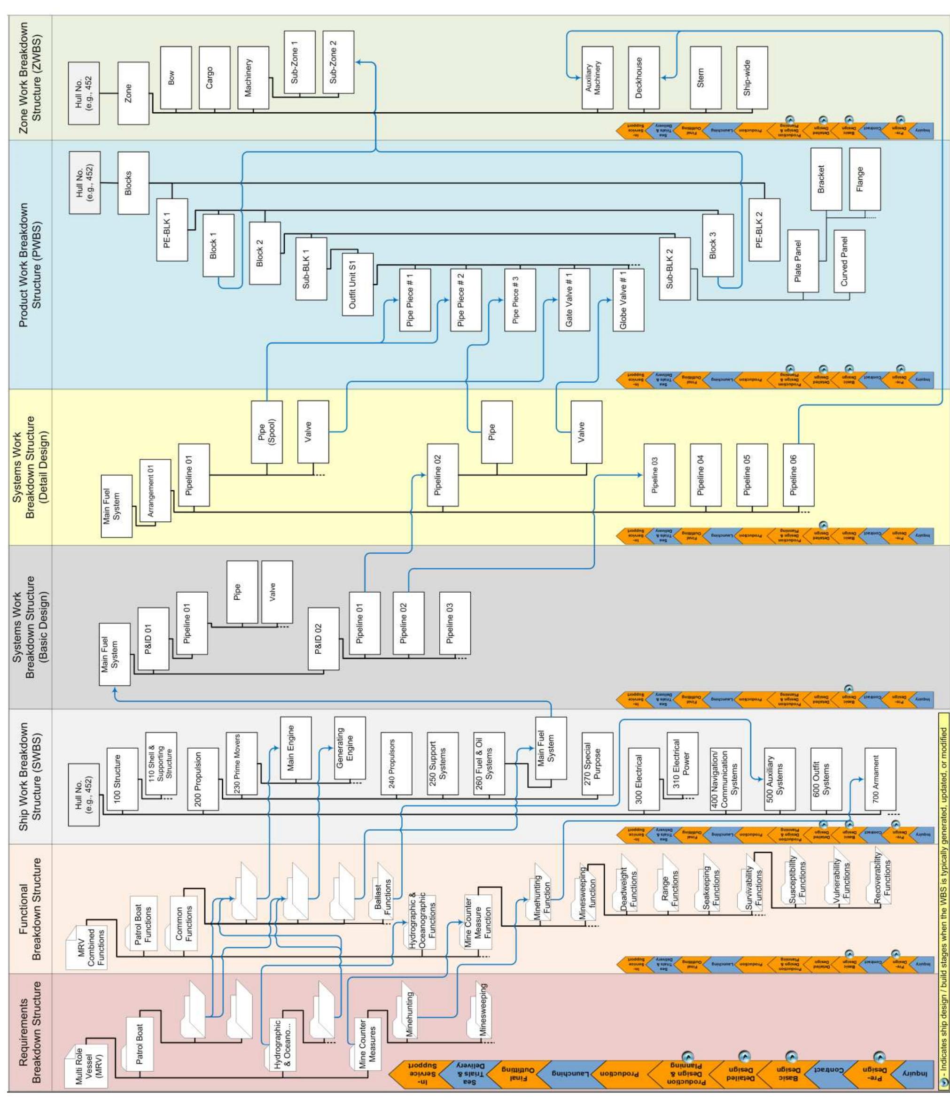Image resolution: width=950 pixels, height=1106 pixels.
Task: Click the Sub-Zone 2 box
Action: tap(338, 62)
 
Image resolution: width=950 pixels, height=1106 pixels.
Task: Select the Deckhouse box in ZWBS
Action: tap(644, 77)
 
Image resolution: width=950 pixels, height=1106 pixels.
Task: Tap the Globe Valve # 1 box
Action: tap(628, 300)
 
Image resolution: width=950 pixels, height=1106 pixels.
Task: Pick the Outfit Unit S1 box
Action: tap(357, 284)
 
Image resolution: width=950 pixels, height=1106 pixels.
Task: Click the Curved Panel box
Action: tap(849, 261)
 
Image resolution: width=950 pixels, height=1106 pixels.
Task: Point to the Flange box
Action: tap(864, 179)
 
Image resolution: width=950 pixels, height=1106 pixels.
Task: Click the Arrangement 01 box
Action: tap(155, 490)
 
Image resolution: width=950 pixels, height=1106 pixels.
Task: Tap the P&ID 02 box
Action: tap(323, 638)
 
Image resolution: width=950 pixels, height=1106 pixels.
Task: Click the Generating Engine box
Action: tap(350, 748)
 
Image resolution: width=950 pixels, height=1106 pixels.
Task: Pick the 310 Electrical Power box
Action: tap(682, 763)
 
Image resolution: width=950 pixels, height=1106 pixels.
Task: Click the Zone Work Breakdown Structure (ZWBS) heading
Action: tap(31, 77)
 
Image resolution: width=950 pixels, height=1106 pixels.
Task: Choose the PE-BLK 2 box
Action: tap(763, 230)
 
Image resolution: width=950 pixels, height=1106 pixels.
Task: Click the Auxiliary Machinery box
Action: tap(597, 77)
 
